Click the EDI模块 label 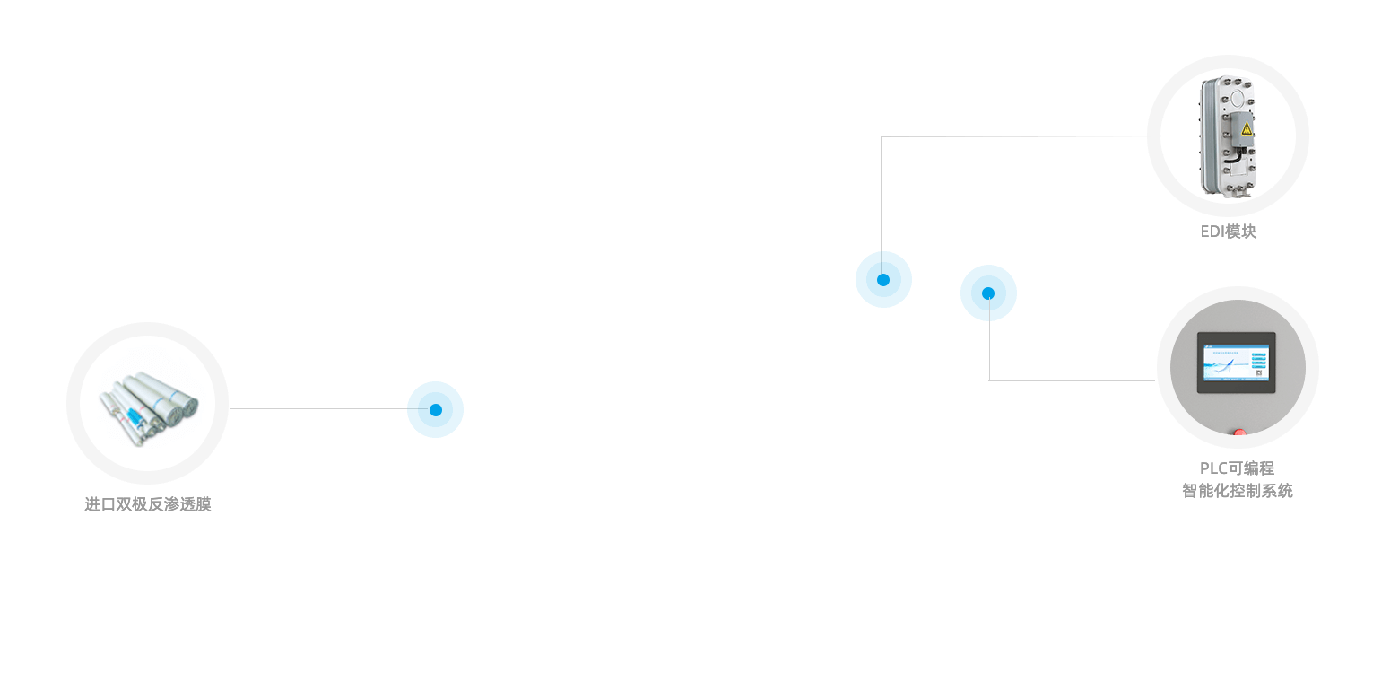[x=1229, y=232]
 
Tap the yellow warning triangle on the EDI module [x=1246, y=129]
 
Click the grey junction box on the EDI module [x=1242, y=131]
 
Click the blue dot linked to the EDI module [x=883, y=279]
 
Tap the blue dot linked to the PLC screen [x=988, y=293]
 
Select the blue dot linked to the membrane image [x=435, y=409]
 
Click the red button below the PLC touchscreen [x=1239, y=434]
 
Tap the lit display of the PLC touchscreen [x=1237, y=363]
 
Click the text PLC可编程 [x=1238, y=468]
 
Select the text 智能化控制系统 [x=1238, y=491]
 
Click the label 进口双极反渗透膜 [x=148, y=504]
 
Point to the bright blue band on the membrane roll [x=135, y=418]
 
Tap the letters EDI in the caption [x=1212, y=232]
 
